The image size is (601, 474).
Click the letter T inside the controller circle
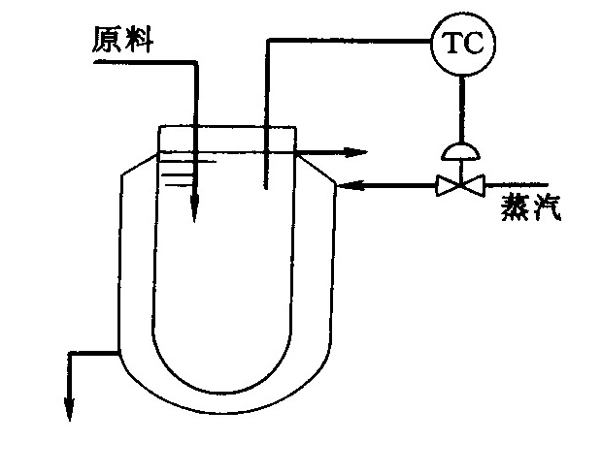point(453,43)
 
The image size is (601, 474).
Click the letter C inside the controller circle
point(474,43)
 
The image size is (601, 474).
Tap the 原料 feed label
point(123,40)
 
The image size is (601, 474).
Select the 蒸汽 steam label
point(531,207)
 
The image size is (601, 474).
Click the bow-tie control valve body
point(460,185)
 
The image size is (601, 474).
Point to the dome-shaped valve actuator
point(460,151)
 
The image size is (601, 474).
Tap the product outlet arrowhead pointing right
point(355,152)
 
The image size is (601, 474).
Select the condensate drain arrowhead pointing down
point(69,409)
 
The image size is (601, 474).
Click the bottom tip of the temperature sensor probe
point(265,188)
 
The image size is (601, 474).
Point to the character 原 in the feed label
point(107,40)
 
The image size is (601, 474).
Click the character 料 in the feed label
point(139,40)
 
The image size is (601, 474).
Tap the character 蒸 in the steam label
point(516,207)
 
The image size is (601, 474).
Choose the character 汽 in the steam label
point(547,207)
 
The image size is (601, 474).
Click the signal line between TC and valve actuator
point(461,110)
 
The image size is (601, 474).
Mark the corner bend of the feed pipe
point(195,62)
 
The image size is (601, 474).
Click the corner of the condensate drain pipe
point(70,353)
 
